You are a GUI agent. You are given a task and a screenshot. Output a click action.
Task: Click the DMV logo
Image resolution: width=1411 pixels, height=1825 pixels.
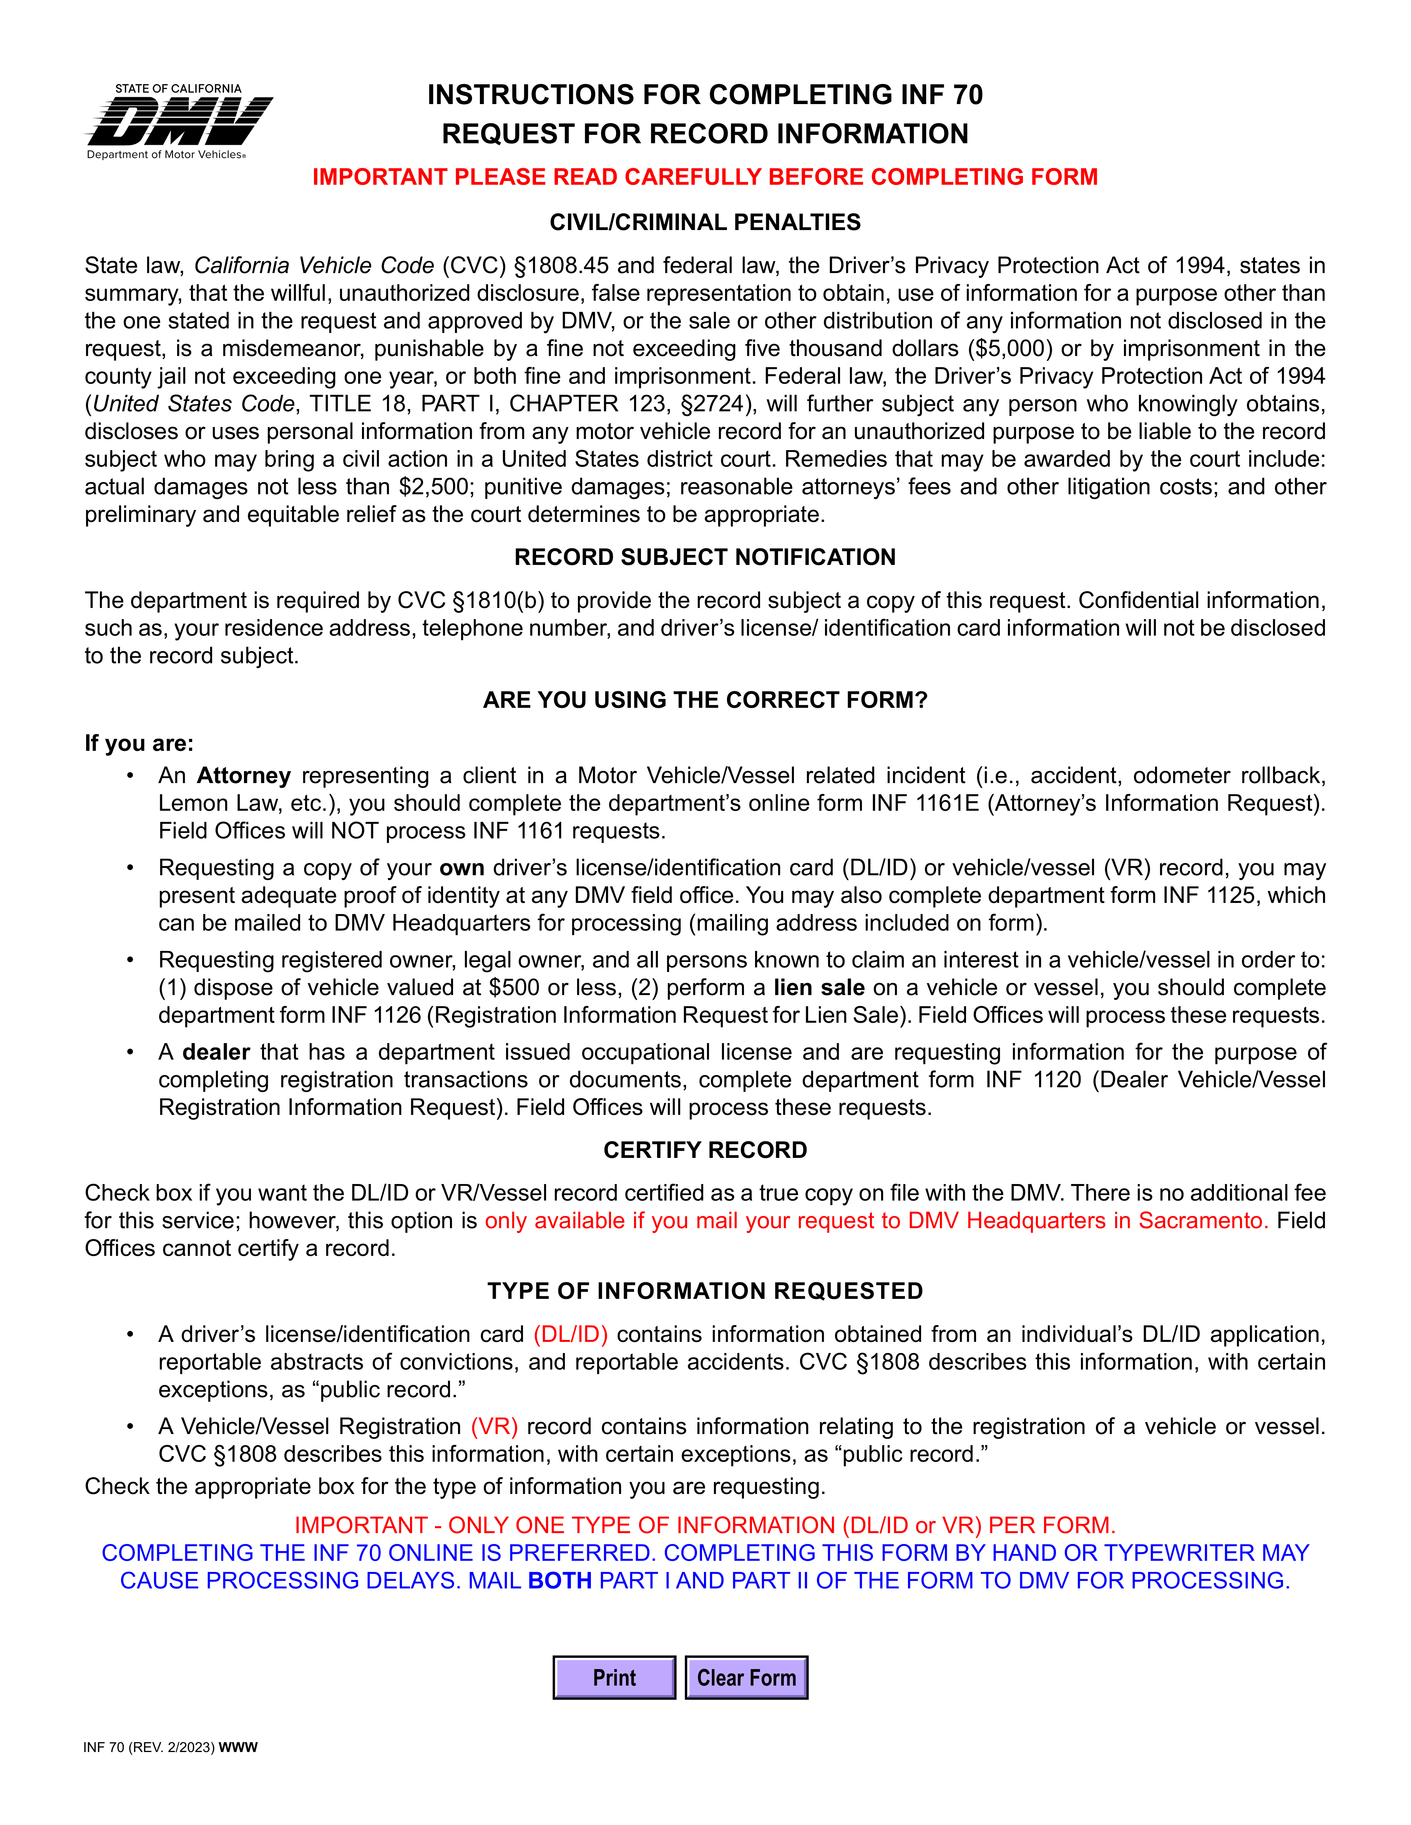tap(179, 122)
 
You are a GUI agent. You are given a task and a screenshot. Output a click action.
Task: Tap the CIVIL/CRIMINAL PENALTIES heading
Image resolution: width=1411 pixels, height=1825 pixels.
tap(705, 222)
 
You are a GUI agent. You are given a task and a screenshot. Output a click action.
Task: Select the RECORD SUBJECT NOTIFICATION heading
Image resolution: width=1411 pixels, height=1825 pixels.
tap(705, 557)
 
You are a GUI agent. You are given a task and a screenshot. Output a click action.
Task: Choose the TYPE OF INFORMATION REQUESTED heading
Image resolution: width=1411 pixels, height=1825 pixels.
tap(705, 1291)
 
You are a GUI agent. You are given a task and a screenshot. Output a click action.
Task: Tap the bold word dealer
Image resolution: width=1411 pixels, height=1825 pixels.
tap(216, 1052)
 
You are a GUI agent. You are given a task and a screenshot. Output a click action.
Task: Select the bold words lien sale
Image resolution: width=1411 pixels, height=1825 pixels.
tap(818, 988)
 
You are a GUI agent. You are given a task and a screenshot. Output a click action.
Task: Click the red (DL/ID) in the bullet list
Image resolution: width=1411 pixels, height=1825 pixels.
tap(570, 1335)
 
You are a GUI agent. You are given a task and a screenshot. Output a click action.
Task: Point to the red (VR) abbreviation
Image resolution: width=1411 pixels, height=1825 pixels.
tap(494, 1426)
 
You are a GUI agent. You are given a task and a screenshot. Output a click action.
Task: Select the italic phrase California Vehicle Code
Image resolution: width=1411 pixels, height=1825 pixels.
tap(314, 266)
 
